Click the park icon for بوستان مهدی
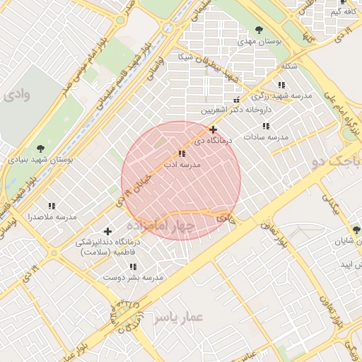259,30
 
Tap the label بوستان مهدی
259,42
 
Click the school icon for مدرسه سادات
265,126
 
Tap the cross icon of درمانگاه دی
213,129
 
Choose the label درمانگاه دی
213,141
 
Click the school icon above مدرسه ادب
182,153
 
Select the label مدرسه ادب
182,164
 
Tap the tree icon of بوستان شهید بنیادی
40,148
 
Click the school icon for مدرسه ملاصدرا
52,205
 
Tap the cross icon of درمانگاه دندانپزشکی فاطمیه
107,231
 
